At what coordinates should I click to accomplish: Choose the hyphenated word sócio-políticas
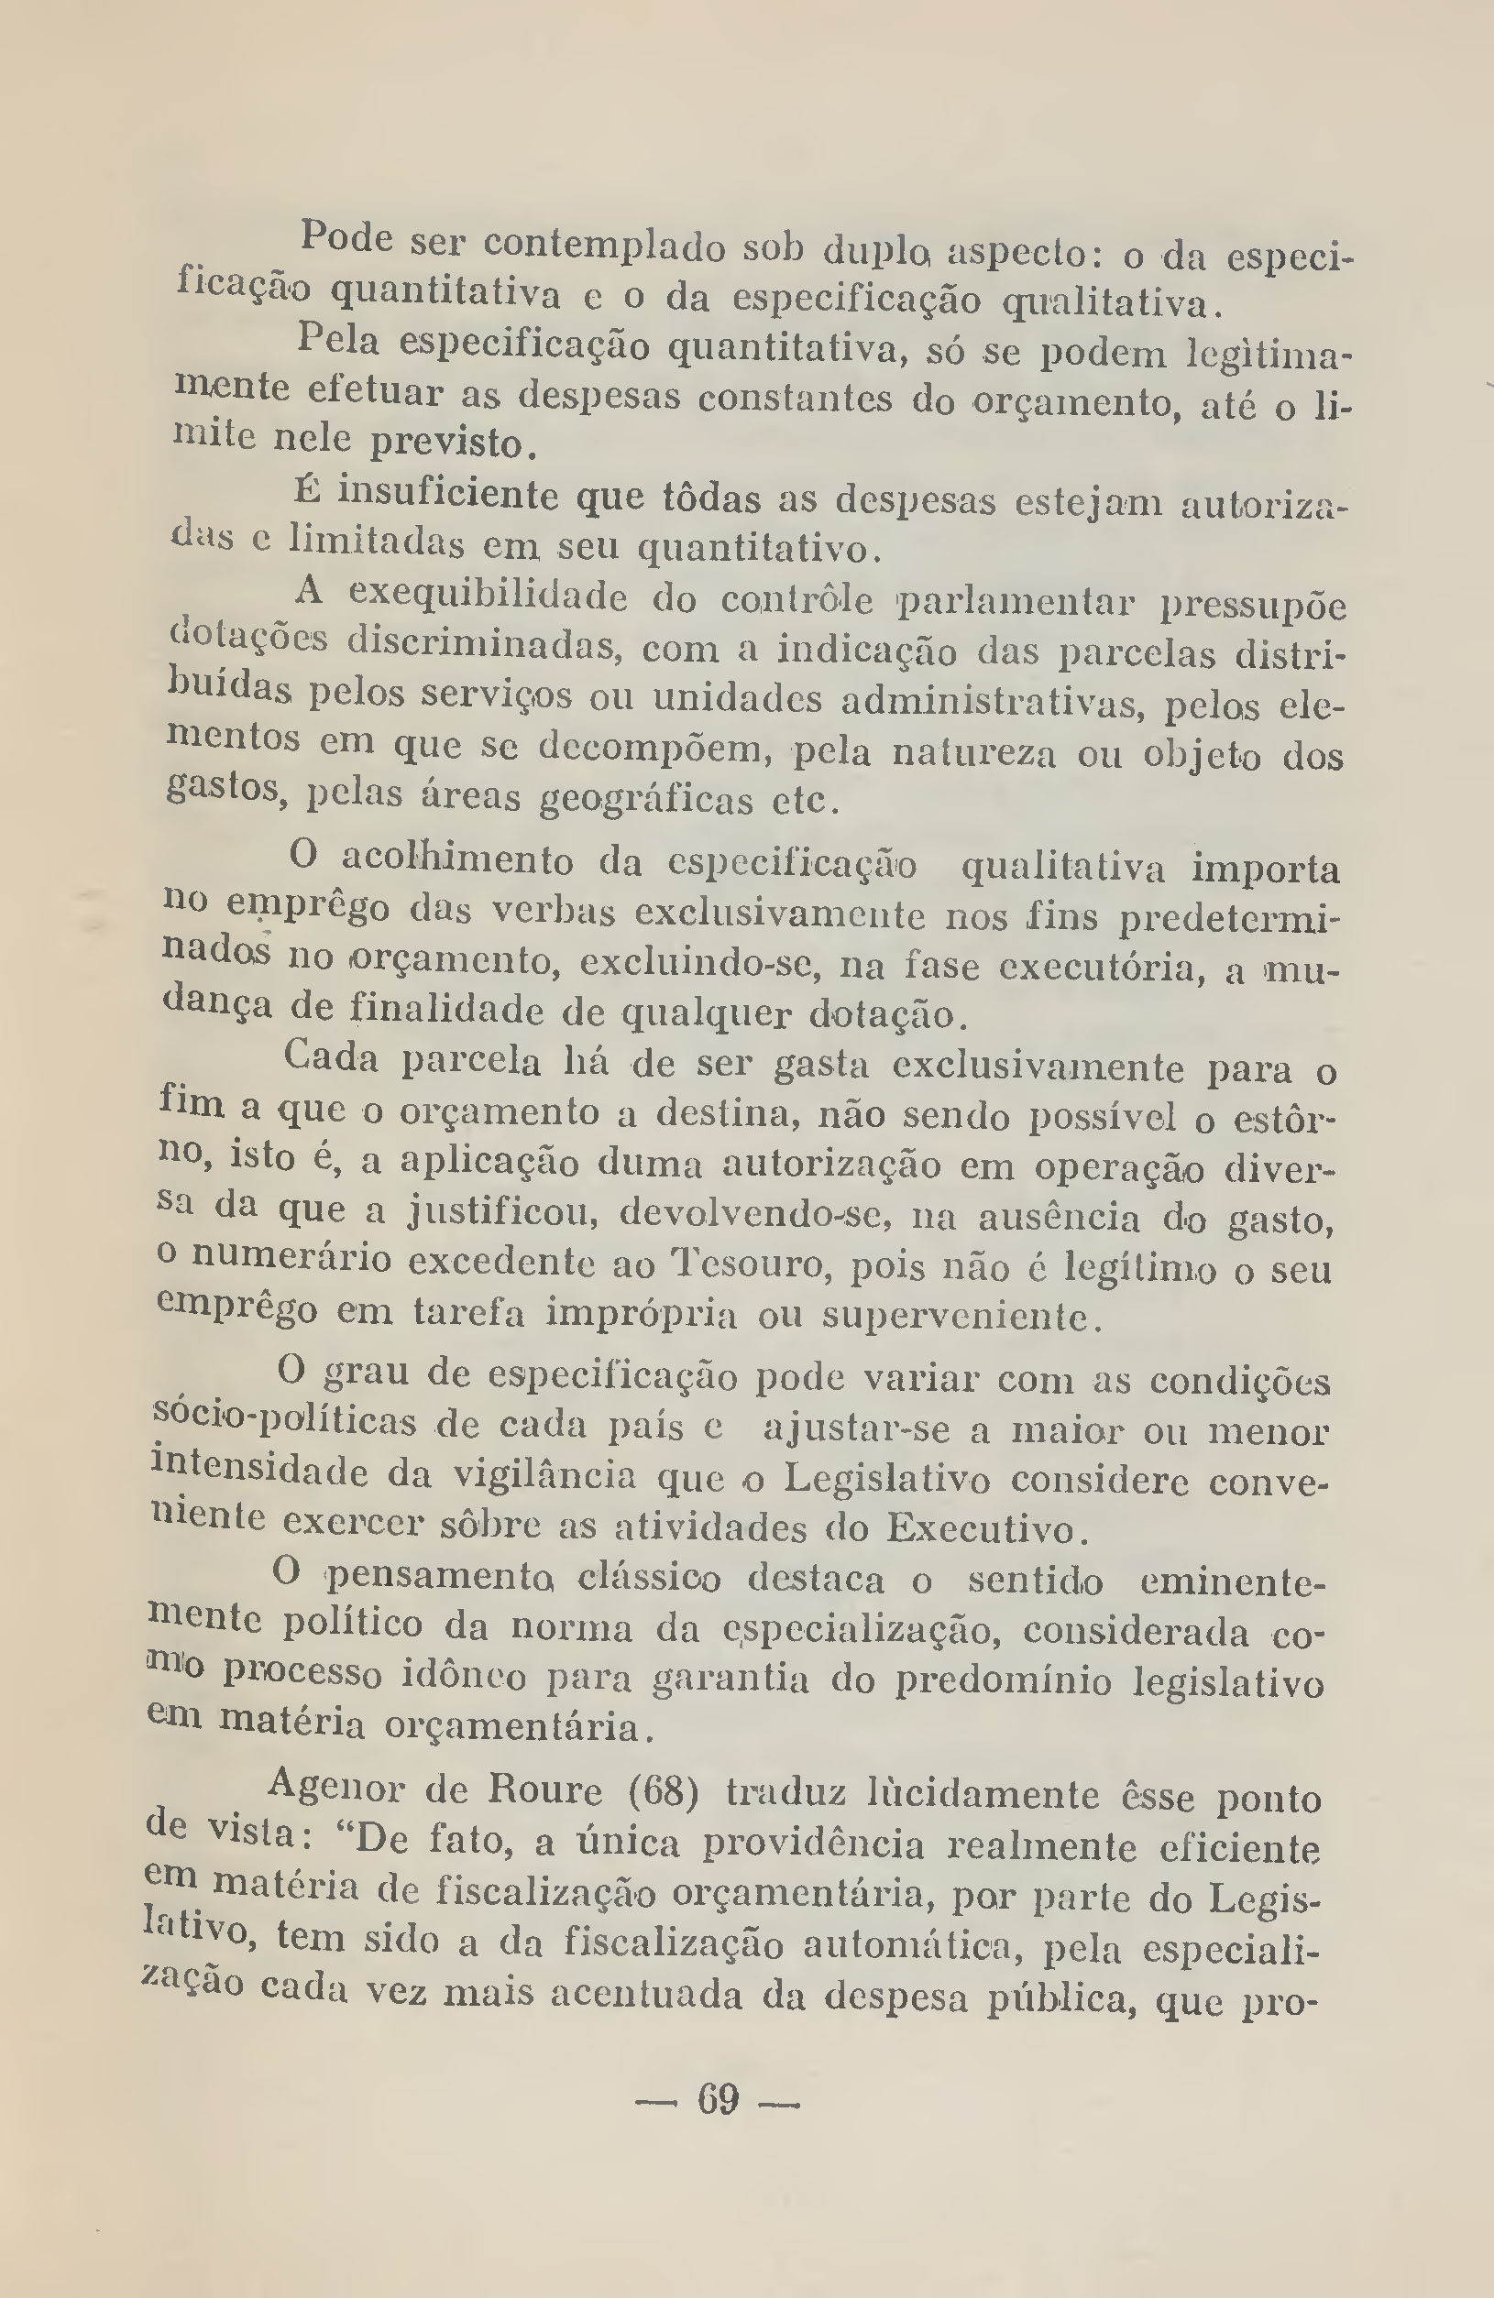(x=286, y=1422)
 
